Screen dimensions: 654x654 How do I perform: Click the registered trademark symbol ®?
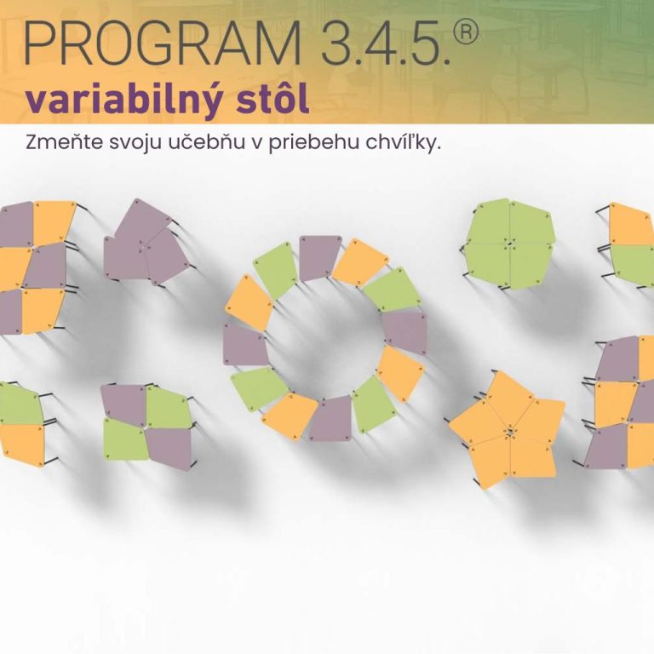465,32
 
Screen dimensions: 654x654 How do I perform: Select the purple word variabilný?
123,100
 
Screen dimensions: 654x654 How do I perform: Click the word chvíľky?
403,143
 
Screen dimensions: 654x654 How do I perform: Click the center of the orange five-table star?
510,431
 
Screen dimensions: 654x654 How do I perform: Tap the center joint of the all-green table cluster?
509,244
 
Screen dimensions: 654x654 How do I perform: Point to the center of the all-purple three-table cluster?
143,246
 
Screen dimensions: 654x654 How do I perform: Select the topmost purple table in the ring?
319,258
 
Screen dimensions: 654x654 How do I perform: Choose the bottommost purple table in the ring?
330,419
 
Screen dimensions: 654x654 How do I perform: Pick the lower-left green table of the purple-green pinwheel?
125,439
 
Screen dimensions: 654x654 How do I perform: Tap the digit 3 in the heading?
338,43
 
